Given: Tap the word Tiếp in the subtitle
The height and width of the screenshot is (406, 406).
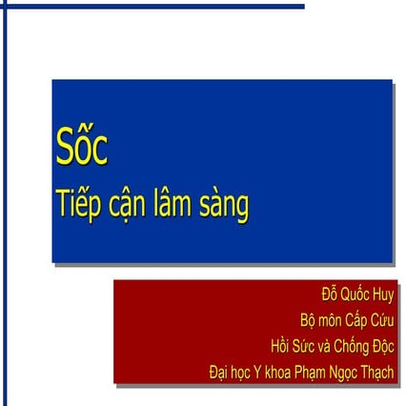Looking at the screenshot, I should coord(79,204).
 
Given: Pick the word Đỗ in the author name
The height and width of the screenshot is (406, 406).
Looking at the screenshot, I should coord(331,294).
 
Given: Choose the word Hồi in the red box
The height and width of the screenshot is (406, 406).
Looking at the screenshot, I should coord(282,345).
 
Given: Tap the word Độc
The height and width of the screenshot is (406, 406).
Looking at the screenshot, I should coord(381,345).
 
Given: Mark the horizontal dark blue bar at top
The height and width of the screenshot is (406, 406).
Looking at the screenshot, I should coord(152,7).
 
